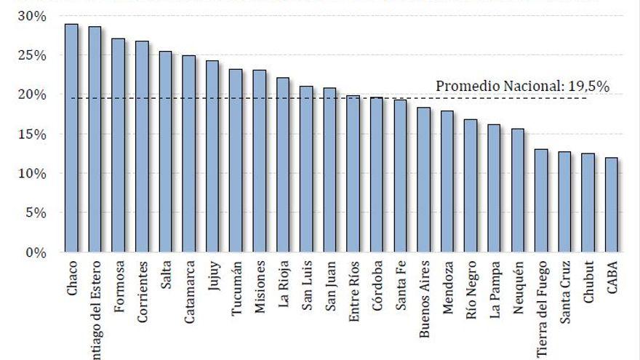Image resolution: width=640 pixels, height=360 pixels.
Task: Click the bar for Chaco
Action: click(x=71, y=138)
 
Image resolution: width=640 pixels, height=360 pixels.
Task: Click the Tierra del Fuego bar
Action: click(x=542, y=201)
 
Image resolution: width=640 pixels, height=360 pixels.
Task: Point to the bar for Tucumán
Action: click(x=236, y=161)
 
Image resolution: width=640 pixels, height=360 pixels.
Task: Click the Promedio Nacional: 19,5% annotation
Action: click(x=522, y=86)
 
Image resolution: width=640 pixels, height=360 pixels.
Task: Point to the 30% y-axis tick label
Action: click(x=32, y=16)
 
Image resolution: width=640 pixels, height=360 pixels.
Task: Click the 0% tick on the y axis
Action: click(x=36, y=252)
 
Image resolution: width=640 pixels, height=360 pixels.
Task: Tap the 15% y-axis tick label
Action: click(x=32, y=135)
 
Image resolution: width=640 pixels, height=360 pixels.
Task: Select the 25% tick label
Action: click(x=32, y=55)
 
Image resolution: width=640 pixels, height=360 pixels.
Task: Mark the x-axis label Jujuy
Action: click(x=212, y=280)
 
